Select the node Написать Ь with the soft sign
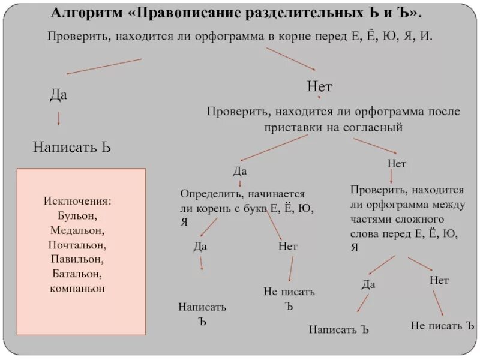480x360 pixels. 72,147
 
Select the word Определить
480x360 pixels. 211,195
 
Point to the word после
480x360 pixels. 443,112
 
